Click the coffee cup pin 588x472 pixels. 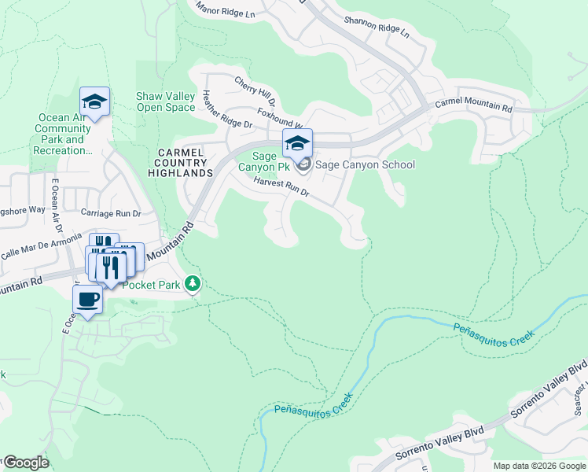(87, 300)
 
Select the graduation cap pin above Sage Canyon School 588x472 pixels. (297, 143)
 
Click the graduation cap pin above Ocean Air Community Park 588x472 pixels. (94, 101)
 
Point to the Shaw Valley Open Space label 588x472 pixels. (165, 101)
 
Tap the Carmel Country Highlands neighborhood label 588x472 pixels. (184, 162)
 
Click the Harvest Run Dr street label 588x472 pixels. (281, 186)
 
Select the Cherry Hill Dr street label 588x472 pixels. (255, 90)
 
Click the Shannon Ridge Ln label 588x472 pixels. (384, 30)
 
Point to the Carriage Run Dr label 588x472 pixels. (111, 212)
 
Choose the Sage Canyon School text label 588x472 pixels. (365, 164)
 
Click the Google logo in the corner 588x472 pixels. (25, 463)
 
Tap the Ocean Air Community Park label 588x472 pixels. (64, 134)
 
